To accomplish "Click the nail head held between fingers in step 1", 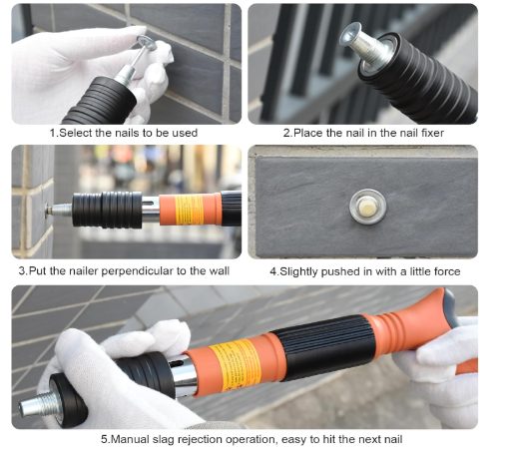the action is (x=146, y=43).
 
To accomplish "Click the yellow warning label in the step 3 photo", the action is (x=189, y=210).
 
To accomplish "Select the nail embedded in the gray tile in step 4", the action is (x=367, y=207).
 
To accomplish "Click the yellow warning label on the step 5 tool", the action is (x=236, y=364).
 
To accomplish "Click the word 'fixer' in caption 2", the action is (x=432, y=133).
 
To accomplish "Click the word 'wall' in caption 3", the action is (x=219, y=271).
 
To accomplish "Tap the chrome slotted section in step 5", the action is (x=183, y=376).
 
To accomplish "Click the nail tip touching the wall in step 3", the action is (x=48, y=210).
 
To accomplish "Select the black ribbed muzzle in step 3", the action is (x=107, y=210).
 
